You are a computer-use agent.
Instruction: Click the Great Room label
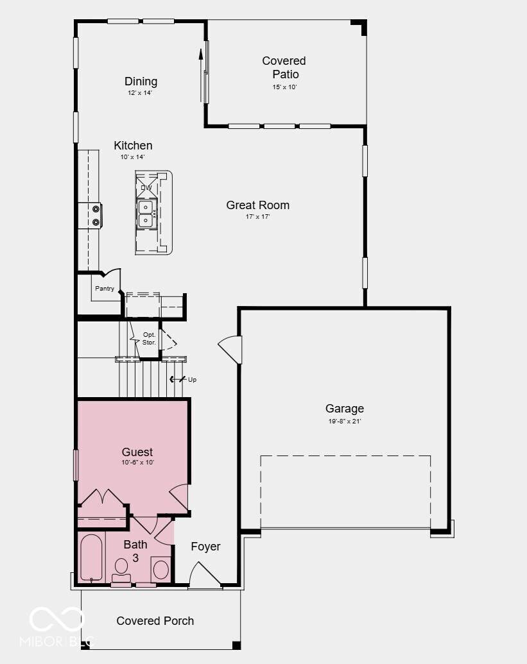(257, 205)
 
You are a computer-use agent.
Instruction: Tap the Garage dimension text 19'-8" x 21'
(345, 421)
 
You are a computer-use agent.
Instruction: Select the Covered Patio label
(284, 67)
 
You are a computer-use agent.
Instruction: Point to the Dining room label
(141, 81)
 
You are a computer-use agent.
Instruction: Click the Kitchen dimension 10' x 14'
(133, 157)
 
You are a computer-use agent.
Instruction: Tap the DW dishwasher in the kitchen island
(146, 187)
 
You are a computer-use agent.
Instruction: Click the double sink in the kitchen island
(145, 214)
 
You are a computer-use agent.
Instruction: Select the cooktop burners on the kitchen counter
(96, 215)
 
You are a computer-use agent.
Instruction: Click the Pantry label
(105, 289)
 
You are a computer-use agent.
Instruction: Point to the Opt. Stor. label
(149, 338)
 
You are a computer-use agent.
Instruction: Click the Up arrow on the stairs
(178, 379)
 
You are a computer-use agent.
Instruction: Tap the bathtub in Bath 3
(91, 558)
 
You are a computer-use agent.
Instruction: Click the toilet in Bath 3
(121, 570)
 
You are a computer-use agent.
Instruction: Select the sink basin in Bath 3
(161, 570)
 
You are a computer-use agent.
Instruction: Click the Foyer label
(205, 547)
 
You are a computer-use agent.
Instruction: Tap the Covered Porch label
(155, 621)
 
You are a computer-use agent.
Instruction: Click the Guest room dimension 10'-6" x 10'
(137, 463)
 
